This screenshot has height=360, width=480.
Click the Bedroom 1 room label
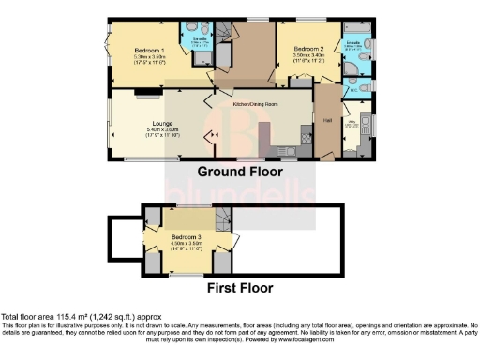click(x=151, y=50)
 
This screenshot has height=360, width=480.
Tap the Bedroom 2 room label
click(x=307, y=48)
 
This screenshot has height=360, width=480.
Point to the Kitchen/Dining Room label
click(x=254, y=106)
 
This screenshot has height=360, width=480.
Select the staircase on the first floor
click(x=223, y=220)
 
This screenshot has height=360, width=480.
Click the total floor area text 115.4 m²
click(x=60, y=317)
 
